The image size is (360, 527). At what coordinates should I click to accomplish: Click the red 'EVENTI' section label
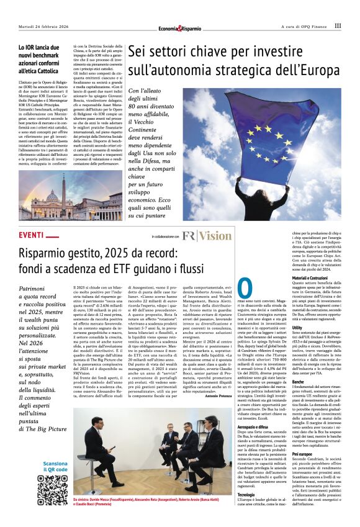pyautogui.click(x=32, y=236)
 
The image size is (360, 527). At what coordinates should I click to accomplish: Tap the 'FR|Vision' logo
pyautogui.click(x=207, y=236)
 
